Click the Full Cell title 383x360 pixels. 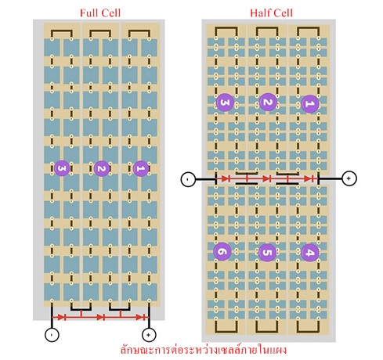coord(100,13)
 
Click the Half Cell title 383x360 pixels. coord(271,13)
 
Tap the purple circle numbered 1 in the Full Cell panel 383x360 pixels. coord(141,168)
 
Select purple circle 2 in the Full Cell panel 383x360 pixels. coord(102,168)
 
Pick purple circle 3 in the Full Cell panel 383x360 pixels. coord(62,168)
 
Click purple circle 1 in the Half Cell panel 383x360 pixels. coord(309,104)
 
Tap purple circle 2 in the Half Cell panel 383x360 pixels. coord(268,102)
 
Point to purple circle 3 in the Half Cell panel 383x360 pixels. coord(225,102)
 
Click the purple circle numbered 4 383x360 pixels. coord(309,252)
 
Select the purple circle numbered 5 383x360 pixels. coord(267,252)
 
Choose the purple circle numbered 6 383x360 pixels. coord(222,252)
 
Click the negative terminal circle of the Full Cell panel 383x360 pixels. coord(52,334)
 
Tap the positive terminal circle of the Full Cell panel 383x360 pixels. coord(149,334)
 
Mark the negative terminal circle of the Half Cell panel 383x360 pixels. coord(188,179)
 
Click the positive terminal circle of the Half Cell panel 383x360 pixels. coord(349,178)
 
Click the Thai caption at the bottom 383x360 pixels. coord(204,350)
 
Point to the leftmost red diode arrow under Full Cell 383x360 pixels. coord(61,317)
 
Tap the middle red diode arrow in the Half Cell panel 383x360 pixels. coord(266,178)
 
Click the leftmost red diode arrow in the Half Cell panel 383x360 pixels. coord(226,178)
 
